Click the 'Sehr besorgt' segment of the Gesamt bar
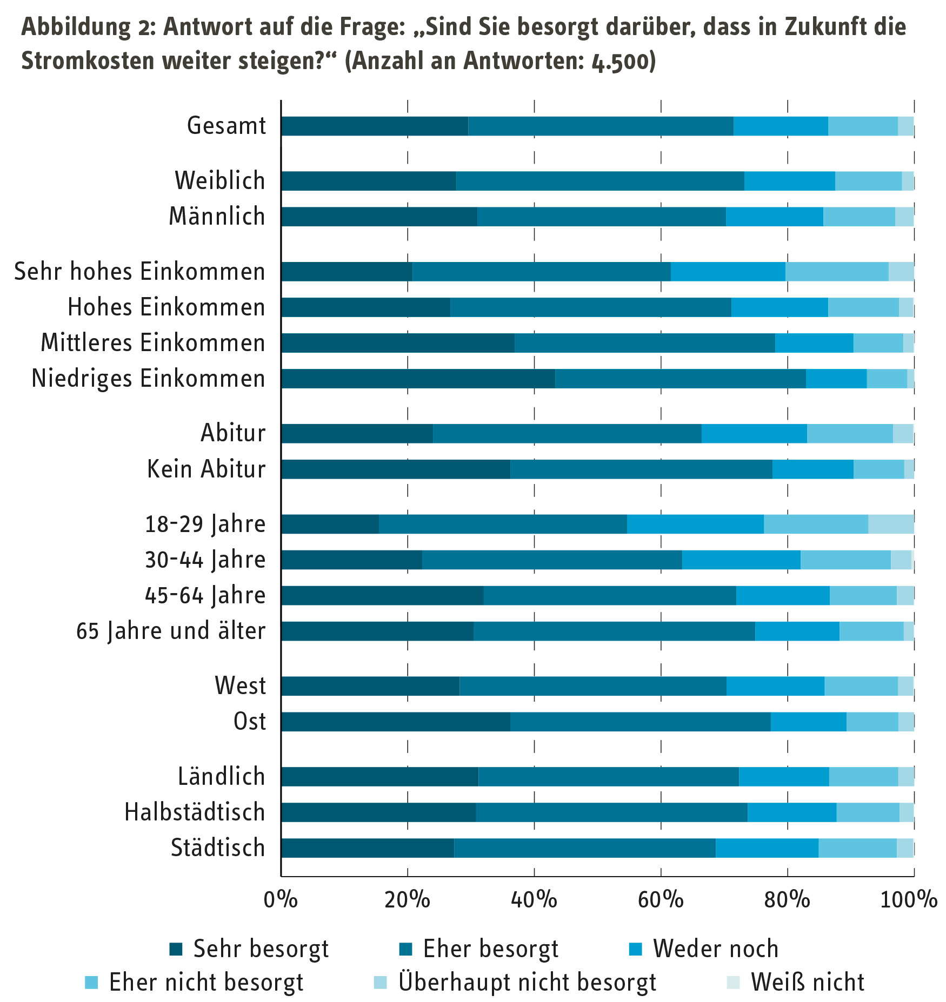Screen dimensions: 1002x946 pos(375,126)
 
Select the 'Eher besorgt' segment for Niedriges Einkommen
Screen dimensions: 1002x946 pos(680,379)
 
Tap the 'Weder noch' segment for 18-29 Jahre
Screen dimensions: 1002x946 pos(695,524)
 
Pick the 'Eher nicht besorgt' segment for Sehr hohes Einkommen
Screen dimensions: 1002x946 pos(837,271)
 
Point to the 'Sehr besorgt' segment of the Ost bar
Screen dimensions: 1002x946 pos(395,722)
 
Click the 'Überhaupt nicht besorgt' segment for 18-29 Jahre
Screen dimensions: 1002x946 pos(891,524)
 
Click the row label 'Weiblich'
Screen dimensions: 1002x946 pos(220,181)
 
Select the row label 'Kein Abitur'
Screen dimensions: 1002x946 pos(206,469)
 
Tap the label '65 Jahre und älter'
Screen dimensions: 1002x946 pos(171,631)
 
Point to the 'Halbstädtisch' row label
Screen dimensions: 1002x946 pos(195,812)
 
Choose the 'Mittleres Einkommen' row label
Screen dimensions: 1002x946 pos(153,343)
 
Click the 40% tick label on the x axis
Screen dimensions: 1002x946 pos(534,900)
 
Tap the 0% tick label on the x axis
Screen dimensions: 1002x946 pos(281,900)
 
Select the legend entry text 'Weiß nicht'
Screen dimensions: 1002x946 pos(808,983)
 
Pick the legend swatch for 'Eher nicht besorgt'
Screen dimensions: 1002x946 pos(91,983)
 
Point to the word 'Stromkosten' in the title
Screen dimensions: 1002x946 pos(86,61)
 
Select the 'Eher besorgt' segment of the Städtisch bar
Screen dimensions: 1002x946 pos(584,848)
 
